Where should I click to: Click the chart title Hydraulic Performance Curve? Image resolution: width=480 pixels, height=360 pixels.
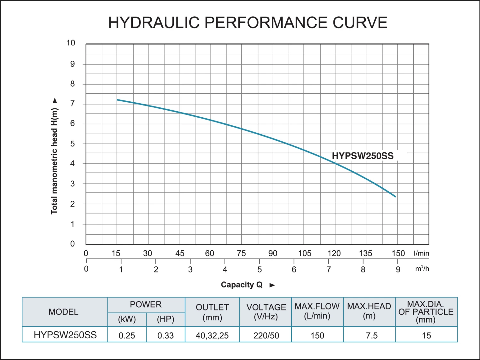click(x=248, y=23)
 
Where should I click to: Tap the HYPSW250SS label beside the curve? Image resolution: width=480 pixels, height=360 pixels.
click(x=363, y=156)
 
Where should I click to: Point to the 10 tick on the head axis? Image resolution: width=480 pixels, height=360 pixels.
click(x=71, y=43)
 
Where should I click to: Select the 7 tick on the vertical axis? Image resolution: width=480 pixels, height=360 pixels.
click(x=73, y=104)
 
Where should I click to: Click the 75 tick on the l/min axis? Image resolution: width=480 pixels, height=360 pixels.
click(x=241, y=254)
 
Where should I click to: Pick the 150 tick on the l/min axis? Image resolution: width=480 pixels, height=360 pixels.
click(x=398, y=254)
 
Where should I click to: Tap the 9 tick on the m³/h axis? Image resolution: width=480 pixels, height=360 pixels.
click(x=398, y=270)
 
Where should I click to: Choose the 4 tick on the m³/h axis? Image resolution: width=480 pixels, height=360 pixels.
click(x=225, y=270)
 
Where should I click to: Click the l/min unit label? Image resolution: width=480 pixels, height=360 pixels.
click(x=421, y=254)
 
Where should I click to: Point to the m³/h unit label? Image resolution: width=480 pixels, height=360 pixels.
click(x=422, y=269)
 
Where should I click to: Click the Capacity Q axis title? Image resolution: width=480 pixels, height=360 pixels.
click(x=242, y=285)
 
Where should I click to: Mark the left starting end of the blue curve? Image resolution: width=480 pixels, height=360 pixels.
click(x=117, y=100)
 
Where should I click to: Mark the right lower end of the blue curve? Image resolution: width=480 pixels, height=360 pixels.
click(x=396, y=197)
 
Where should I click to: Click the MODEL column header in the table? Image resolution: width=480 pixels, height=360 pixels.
click(x=63, y=312)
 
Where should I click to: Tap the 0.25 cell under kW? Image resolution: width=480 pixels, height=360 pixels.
click(x=127, y=335)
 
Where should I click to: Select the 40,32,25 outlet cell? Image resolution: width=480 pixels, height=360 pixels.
click(x=212, y=335)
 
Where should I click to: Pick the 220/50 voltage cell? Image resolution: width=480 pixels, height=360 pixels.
click(x=266, y=335)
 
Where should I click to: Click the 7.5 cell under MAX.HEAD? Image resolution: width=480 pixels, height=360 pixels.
click(x=372, y=335)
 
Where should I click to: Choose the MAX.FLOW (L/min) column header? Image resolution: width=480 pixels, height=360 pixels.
click(x=317, y=311)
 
